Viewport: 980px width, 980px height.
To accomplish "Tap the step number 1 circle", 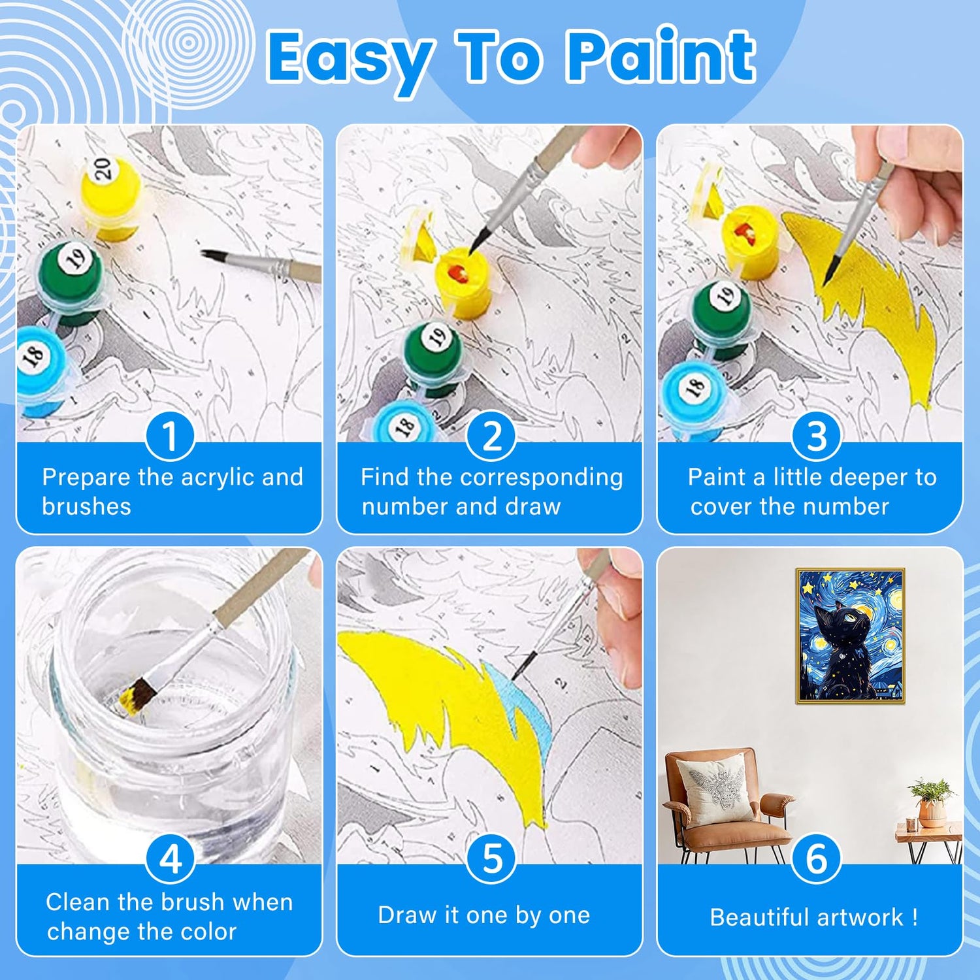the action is click(x=170, y=436).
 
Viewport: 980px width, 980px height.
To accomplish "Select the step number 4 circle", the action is click(x=171, y=859).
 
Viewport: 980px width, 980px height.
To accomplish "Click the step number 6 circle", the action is click(x=816, y=858).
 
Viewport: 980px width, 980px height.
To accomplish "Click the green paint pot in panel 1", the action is click(x=71, y=281).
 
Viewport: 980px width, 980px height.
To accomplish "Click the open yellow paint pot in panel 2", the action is click(x=465, y=282).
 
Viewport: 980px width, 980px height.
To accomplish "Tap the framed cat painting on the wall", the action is click(x=850, y=636).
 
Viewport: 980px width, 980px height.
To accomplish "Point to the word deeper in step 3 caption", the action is click(x=864, y=478).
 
